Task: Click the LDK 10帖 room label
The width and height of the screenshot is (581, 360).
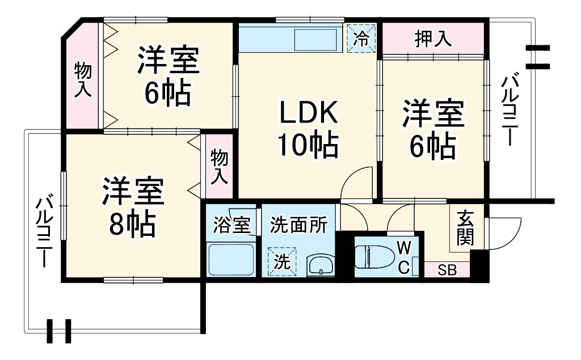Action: tap(308, 130)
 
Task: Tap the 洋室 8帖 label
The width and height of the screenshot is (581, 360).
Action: tap(133, 207)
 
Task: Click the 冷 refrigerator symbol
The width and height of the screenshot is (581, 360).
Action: tap(361, 39)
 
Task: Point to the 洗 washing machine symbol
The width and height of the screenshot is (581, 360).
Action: tap(282, 262)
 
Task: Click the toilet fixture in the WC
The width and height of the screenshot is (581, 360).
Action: tap(374, 256)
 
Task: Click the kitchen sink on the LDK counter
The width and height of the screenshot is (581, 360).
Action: tap(318, 40)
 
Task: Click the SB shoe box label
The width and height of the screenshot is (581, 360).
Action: tap(447, 270)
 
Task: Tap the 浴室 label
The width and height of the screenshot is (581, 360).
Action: tap(231, 225)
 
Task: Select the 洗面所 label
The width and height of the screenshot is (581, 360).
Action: tap(298, 225)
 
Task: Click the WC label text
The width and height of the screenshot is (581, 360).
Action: tap(403, 256)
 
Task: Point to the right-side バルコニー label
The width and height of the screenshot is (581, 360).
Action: tap(508, 110)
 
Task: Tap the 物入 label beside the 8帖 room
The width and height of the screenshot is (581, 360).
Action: tap(219, 166)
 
